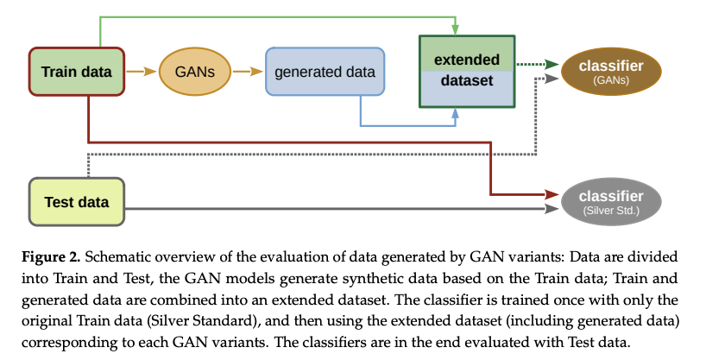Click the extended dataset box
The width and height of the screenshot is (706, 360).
[466, 72]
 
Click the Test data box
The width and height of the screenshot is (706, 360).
[76, 203]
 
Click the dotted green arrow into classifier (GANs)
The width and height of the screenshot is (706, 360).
[537, 64]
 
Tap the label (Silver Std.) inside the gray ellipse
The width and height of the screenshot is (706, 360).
[610, 211]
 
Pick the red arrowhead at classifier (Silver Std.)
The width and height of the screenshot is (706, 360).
[548, 193]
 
